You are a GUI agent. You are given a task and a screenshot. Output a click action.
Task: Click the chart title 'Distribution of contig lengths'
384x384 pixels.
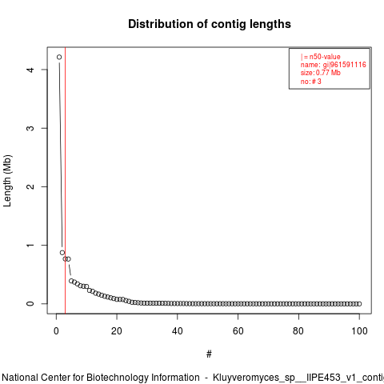(x=210, y=24)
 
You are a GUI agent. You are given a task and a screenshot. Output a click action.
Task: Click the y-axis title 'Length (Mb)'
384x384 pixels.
(x=7, y=181)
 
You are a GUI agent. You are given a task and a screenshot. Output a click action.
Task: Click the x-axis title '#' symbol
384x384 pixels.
(x=209, y=354)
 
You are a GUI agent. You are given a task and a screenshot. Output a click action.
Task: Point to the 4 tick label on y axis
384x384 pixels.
(x=30, y=70)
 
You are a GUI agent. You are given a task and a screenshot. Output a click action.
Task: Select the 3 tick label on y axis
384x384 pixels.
(x=30, y=128)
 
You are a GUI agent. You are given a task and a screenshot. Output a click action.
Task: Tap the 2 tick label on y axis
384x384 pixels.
(x=30, y=186)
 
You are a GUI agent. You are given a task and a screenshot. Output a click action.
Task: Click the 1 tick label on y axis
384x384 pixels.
(x=30, y=245)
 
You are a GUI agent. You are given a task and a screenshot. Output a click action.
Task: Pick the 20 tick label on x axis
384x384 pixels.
(x=117, y=331)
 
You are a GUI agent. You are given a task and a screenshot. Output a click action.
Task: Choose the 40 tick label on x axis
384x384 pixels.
(x=178, y=331)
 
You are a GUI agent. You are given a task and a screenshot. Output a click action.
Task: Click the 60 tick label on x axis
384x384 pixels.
(x=238, y=331)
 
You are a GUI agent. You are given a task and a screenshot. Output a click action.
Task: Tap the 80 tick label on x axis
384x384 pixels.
(x=298, y=331)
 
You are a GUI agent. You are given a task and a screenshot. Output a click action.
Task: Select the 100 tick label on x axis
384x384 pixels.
(x=359, y=331)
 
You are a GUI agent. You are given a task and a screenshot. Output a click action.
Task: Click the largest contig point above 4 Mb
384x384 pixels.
(x=59, y=57)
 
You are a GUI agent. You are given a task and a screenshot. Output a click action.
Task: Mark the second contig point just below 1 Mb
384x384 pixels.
(x=62, y=253)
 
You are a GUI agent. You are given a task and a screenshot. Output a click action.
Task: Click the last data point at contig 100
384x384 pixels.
(x=359, y=304)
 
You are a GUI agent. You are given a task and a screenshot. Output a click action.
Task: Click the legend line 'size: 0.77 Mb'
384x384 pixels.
(x=320, y=73)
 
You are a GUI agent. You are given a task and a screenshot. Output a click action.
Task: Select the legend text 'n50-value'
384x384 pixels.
(x=325, y=57)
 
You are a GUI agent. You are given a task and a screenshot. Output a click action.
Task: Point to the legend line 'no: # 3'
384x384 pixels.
(x=310, y=82)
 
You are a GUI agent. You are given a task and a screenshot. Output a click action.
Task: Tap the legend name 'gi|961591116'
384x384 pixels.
(x=345, y=65)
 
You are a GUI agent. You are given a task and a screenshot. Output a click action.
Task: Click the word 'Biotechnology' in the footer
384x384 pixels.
(x=143, y=378)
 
